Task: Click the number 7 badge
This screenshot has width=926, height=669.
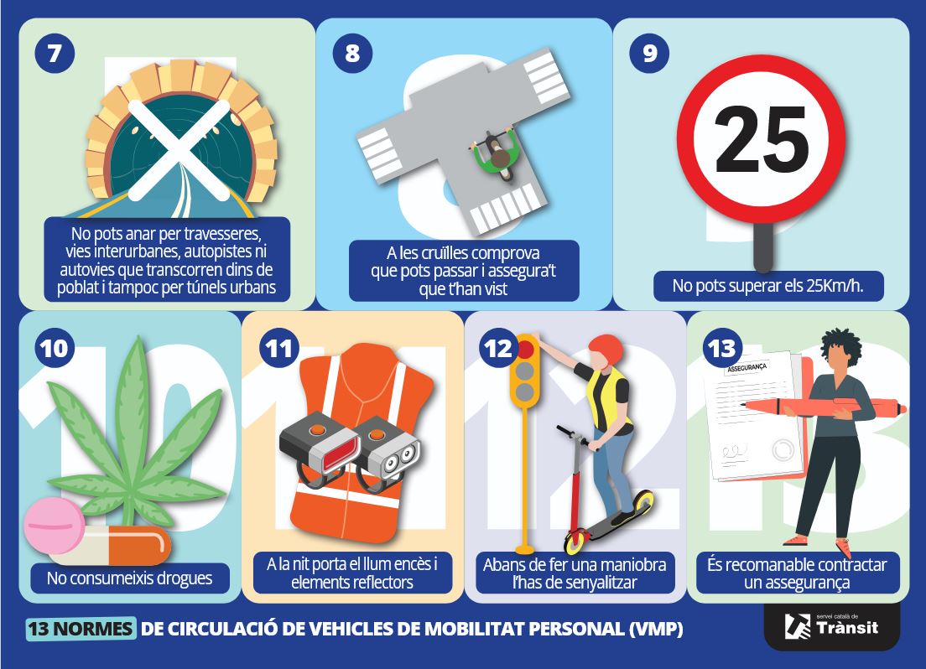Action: [55, 53]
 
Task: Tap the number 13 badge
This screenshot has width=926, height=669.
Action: [721, 348]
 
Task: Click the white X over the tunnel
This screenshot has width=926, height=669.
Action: [179, 149]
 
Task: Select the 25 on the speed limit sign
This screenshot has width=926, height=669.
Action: [761, 139]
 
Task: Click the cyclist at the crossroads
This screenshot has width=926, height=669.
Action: [496, 155]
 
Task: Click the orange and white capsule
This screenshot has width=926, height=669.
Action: [112, 546]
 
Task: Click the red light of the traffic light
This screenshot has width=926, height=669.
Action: [525, 349]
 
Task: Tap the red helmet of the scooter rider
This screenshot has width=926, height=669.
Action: [606, 350]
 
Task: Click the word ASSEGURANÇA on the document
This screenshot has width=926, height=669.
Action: [747, 367]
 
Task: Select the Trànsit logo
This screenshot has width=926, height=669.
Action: [831, 626]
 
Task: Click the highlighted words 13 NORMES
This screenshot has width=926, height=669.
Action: [81, 628]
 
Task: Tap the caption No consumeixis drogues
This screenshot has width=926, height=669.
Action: [129, 578]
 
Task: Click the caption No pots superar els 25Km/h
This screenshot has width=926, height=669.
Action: [767, 286]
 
